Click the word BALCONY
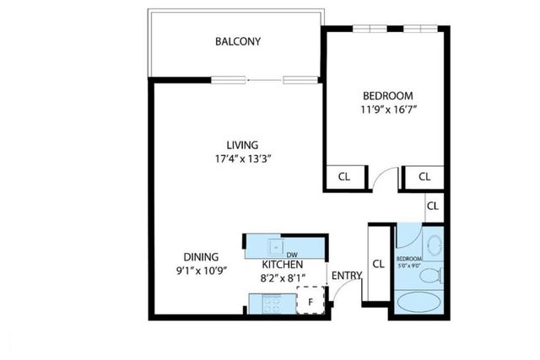[237, 41]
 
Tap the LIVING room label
[235, 144]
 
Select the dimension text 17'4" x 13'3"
[235, 158]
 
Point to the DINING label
[202, 257]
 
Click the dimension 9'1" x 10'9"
[202, 271]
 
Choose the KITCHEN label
[282, 264]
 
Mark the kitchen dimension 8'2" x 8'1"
[282, 277]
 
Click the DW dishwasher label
[292, 254]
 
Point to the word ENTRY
[346, 276]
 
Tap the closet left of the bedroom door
[344, 177]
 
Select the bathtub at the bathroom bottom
[420, 304]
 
